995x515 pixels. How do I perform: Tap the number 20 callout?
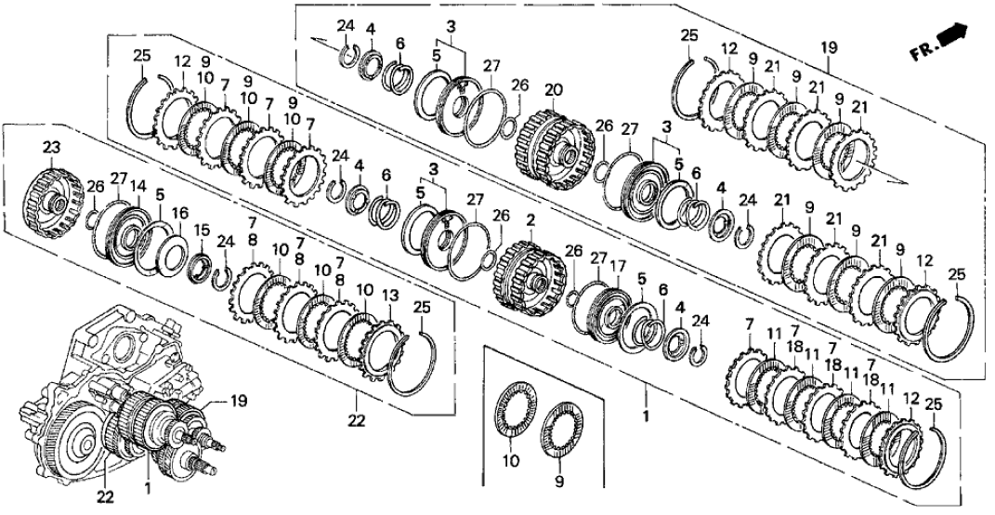pyautogui.click(x=555, y=90)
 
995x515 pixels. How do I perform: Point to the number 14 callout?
pyautogui.click(x=138, y=186)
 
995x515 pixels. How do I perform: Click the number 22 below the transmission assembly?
pyautogui.click(x=107, y=497)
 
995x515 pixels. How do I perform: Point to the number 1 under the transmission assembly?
pyautogui.click(x=148, y=484)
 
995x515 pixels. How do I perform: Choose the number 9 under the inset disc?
pyautogui.click(x=559, y=482)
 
